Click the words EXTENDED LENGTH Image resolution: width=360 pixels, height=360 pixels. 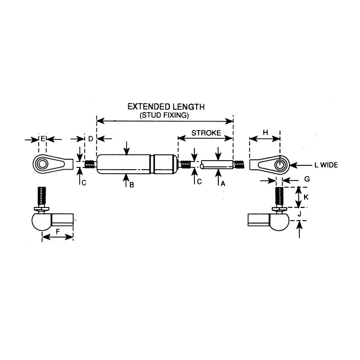pos(166,107)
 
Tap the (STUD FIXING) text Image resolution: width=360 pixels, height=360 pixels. pos(164,115)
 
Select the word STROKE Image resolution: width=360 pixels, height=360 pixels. pos(206,133)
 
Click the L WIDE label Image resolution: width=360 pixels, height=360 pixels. pos(326,165)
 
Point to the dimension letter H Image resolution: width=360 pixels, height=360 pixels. pos(265,133)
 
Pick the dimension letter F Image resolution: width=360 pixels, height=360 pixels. pos(58,231)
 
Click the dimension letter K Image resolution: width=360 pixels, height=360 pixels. pos(306,197)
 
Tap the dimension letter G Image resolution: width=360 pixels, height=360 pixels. pos(307,179)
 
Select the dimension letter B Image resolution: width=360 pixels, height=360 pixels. pos(131,185)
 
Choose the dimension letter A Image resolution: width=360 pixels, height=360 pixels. pos(223,184)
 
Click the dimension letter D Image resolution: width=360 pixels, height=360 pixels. pos(91,139)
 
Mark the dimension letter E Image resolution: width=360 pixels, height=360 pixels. pos(43,139)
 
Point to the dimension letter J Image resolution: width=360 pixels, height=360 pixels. pos(299,214)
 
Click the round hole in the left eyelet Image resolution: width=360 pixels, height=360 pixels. pos(42,164)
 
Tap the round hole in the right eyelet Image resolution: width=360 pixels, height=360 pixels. pos(279,165)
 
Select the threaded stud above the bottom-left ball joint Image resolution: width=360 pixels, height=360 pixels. pos(41,197)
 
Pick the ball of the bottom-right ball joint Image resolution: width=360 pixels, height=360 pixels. pos(279,221)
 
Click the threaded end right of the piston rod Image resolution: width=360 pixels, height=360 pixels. pos(238,165)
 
